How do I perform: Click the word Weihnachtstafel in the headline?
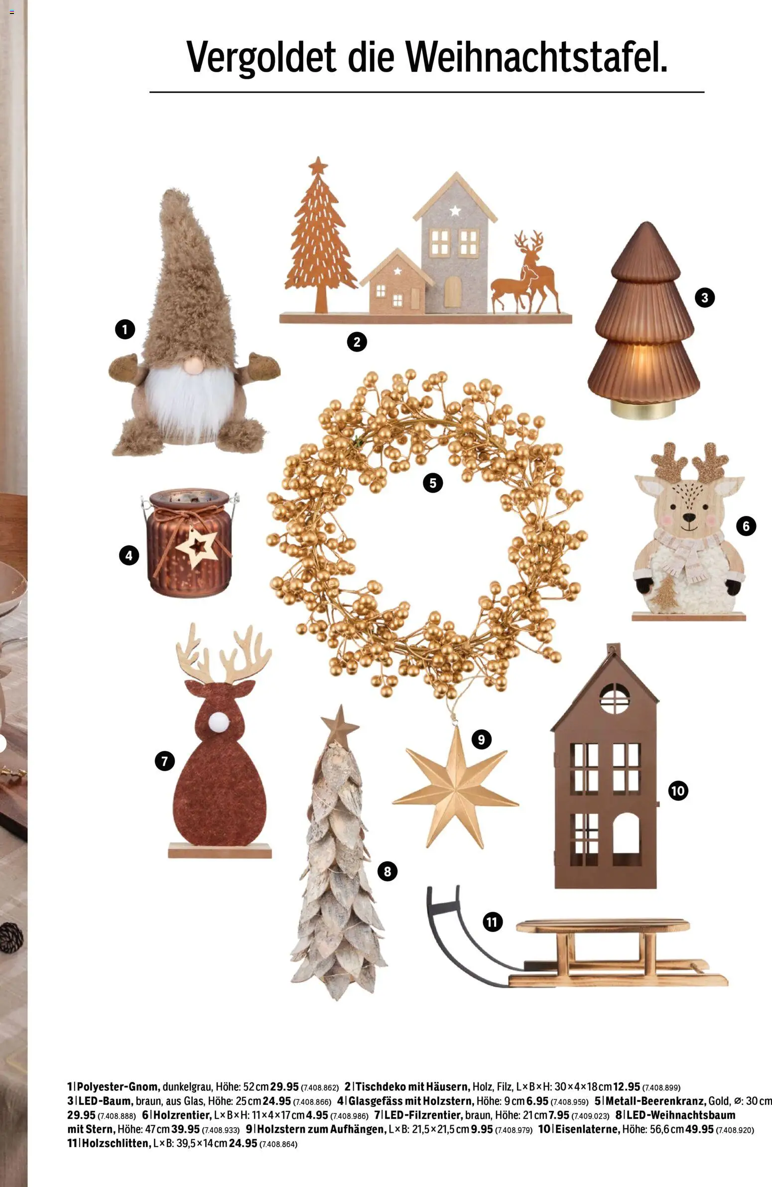[536, 57]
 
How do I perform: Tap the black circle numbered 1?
[125, 329]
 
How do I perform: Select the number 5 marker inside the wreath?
[432, 483]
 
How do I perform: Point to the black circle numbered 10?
[678, 791]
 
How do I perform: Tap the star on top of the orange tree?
[318, 166]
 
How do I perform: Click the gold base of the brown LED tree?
[643, 409]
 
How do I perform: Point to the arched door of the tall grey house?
[452, 292]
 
